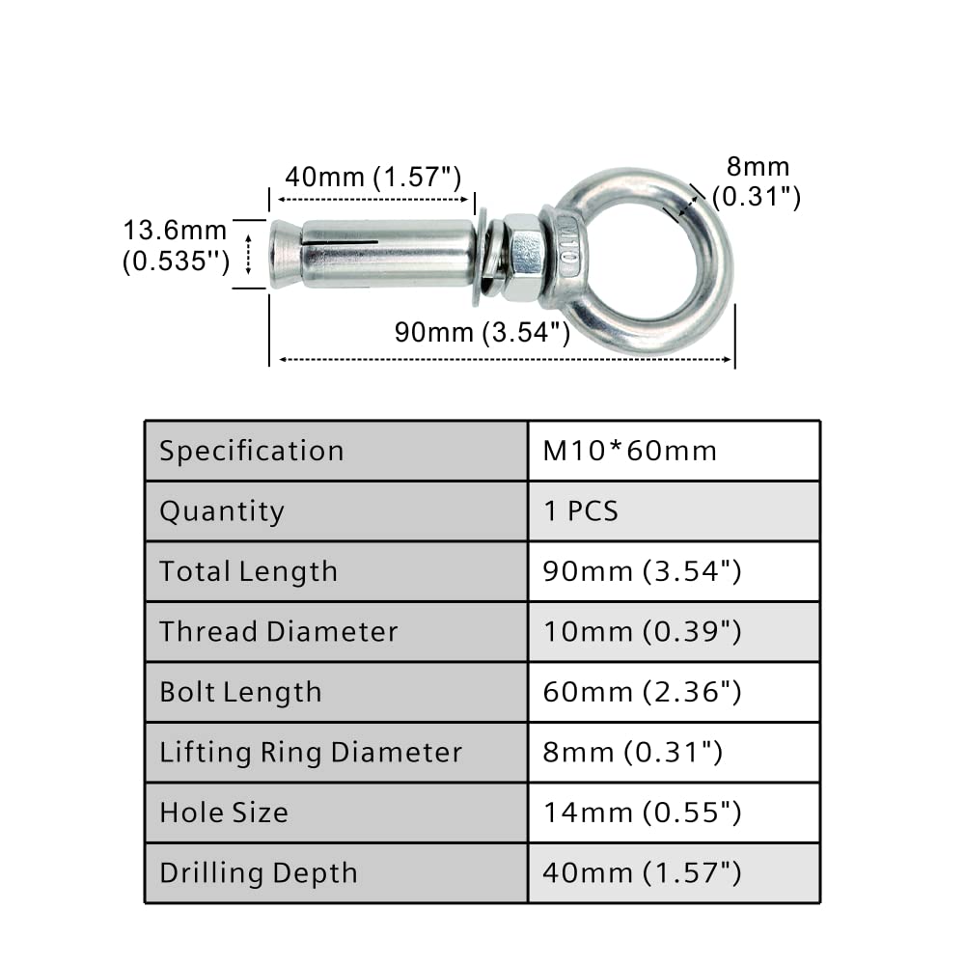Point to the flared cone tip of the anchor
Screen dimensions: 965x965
286,254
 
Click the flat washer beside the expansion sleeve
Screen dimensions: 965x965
481,257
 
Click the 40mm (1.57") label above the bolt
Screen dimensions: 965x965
372,178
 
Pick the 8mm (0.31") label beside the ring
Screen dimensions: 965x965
757,182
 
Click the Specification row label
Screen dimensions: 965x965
251,451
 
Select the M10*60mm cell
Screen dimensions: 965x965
630,451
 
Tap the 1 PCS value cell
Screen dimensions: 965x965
581,511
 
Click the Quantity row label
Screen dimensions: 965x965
222,511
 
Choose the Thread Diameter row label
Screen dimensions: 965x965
278,632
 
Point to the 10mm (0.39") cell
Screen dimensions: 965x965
642,632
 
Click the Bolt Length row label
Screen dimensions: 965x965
240,692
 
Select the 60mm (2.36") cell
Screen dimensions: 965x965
642,692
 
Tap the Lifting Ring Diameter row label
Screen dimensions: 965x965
311,752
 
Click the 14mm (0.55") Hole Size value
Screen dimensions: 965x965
642,813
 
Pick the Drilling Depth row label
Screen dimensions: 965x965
258,873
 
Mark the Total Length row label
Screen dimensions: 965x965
248,571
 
